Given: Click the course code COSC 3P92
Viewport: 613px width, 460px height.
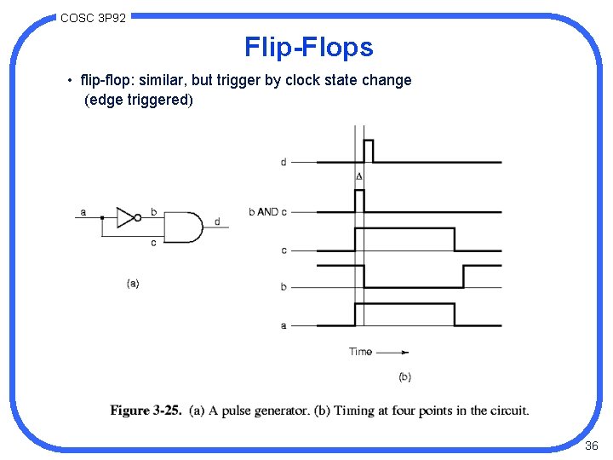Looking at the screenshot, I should click(94, 17).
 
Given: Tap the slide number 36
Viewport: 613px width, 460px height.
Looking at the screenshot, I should click(592, 446).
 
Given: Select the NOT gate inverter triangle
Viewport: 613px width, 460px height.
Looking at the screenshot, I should click(127, 217).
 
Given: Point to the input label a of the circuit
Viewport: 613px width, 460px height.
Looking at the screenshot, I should click(83, 211).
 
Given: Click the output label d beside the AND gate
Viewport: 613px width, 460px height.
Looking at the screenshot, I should click(217, 221).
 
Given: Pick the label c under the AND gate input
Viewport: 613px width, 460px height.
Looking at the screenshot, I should click(153, 243).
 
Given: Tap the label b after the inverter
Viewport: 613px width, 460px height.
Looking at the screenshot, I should click(153, 211).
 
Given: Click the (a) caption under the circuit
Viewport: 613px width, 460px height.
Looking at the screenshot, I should click(132, 283).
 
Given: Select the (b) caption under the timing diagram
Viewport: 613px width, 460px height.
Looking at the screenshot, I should click(404, 377).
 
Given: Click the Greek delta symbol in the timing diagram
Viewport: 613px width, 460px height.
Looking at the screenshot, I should click(358, 176).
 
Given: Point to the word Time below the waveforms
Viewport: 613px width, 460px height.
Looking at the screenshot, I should click(360, 351).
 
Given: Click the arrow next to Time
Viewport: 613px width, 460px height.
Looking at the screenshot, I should click(392, 351).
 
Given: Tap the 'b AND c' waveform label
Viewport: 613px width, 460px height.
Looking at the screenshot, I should click(267, 211).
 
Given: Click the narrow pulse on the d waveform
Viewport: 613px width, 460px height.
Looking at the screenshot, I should click(369, 151).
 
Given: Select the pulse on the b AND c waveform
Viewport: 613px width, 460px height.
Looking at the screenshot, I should click(359, 200).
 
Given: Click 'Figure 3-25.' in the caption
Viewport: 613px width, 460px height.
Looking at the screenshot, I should click(146, 411).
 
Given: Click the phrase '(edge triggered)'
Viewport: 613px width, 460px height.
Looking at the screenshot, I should click(139, 100).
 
